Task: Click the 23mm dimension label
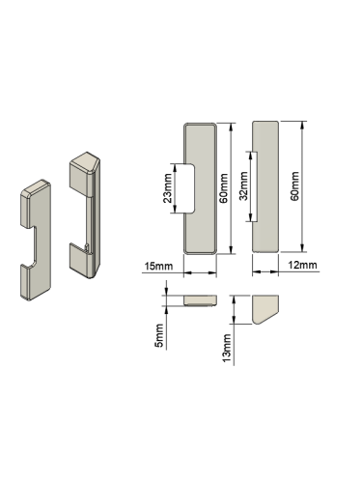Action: click(168, 188)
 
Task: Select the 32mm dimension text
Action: click(243, 186)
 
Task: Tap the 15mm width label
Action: click(158, 267)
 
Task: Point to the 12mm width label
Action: click(302, 265)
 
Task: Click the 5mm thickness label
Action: click(159, 335)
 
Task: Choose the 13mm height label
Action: click(227, 348)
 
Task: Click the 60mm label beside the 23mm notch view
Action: click(223, 188)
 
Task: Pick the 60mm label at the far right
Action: click(294, 186)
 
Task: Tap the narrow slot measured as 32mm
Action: click(255, 186)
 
